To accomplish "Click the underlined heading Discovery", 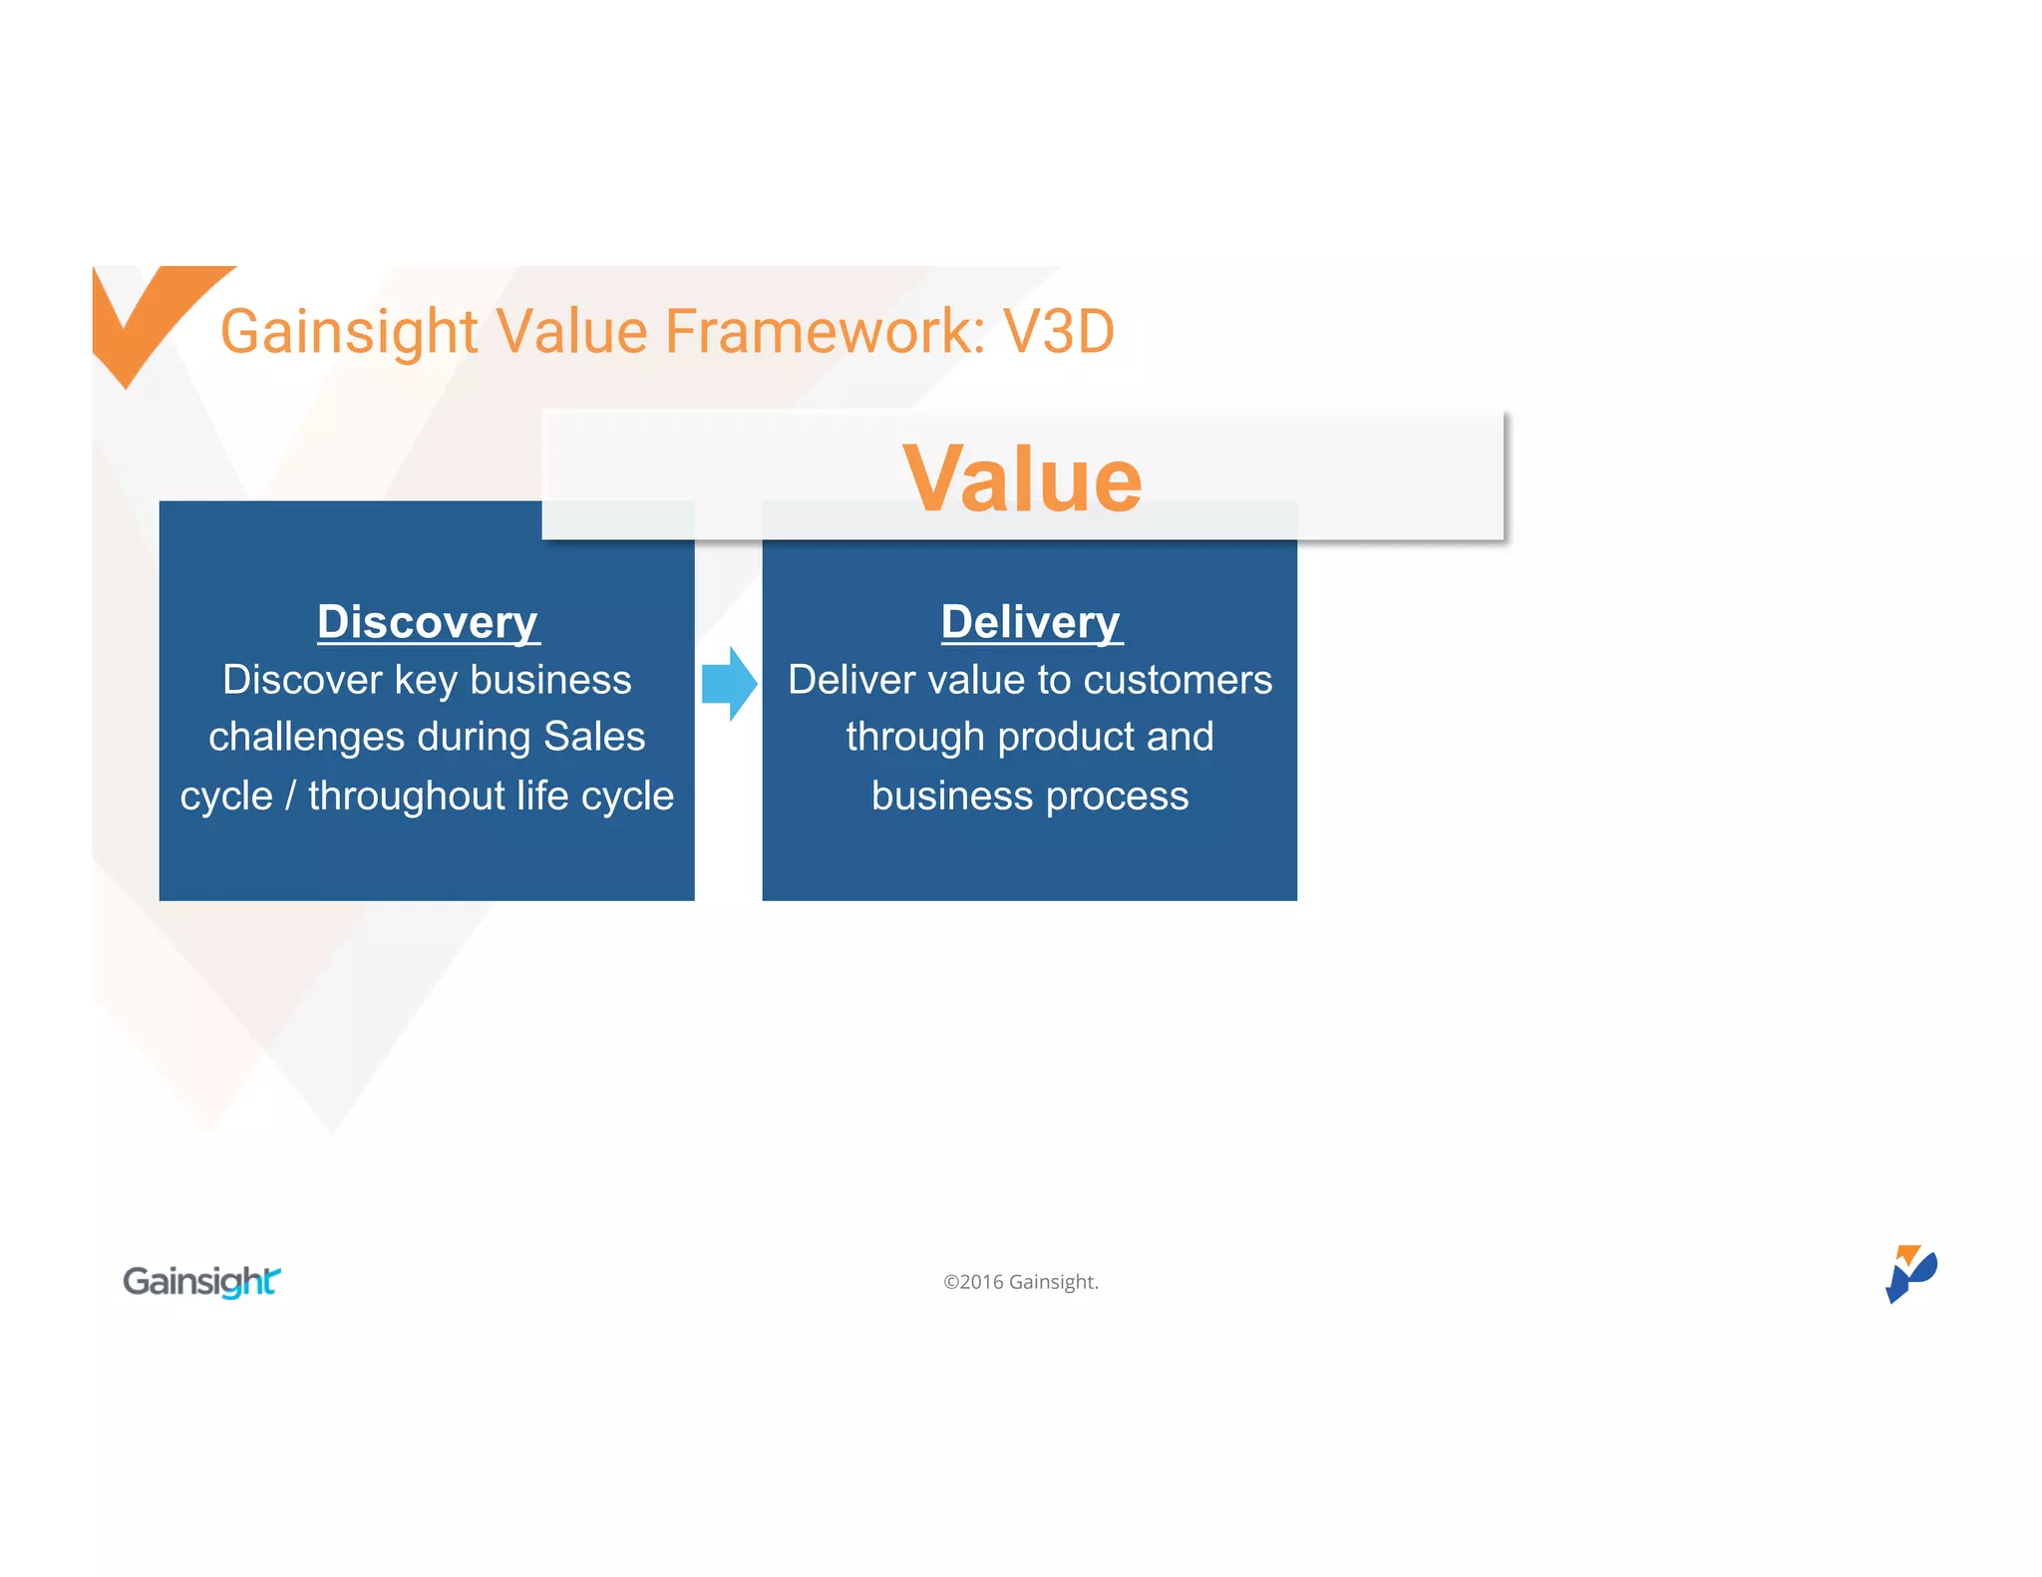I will click(x=428, y=622).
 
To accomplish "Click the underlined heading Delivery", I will click(x=1031, y=622).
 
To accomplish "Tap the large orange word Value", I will click(x=1022, y=479).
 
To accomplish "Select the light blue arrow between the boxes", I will click(x=729, y=684).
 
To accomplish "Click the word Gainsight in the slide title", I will click(x=349, y=331).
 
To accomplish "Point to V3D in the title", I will click(x=1058, y=331).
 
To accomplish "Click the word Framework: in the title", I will click(x=825, y=331).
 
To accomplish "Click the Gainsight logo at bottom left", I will click(x=201, y=1281).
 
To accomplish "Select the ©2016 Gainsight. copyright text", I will click(x=1021, y=1282).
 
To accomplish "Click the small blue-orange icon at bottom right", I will click(x=1909, y=1273).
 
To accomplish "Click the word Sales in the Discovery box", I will click(x=594, y=737).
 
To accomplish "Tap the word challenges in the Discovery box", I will click(x=306, y=737).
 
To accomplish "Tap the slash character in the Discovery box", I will click(x=290, y=795).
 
